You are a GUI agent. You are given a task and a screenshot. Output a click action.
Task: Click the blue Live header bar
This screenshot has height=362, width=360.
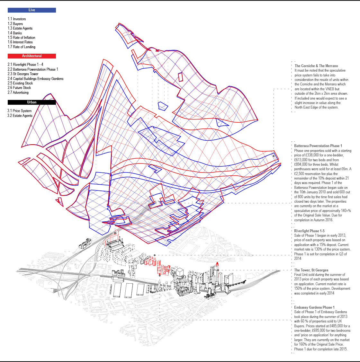(x=32, y=10)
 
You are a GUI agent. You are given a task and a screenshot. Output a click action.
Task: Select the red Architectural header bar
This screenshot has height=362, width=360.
(x=32, y=56)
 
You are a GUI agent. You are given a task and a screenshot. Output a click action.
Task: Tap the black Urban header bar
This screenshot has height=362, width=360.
(x=32, y=102)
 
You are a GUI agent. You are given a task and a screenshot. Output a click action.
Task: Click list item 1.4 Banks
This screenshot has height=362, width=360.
(x=15, y=33)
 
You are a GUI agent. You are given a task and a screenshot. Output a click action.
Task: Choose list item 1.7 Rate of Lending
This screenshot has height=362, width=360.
(x=22, y=47)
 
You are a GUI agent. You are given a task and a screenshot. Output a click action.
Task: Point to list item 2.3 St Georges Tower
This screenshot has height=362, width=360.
(x=23, y=74)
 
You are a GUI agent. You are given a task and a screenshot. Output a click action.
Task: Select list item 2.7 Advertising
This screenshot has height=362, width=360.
(x=18, y=93)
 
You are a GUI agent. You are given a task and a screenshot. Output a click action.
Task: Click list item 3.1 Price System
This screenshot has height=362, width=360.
(x=20, y=111)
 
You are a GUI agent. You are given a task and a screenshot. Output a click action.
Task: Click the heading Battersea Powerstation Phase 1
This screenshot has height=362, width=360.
(x=318, y=146)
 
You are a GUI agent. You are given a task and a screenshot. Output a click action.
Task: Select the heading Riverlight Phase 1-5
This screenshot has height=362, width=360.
(x=309, y=231)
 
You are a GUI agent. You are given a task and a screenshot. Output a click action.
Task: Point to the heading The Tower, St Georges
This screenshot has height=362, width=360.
(x=311, y=270)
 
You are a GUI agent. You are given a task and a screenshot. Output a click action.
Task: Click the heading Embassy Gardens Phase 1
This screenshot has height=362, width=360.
(x=314, y=307)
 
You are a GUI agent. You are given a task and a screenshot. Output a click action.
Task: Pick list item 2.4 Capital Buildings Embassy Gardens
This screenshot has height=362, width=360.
(x=35, y=79)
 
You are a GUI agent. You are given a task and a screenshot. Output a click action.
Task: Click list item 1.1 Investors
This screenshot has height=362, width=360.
(x=17, y=19)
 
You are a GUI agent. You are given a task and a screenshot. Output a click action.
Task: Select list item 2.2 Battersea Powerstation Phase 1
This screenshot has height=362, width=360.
(x=33, y=69)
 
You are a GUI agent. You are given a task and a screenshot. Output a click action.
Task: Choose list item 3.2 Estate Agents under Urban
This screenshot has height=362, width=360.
(x=20, y=116)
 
